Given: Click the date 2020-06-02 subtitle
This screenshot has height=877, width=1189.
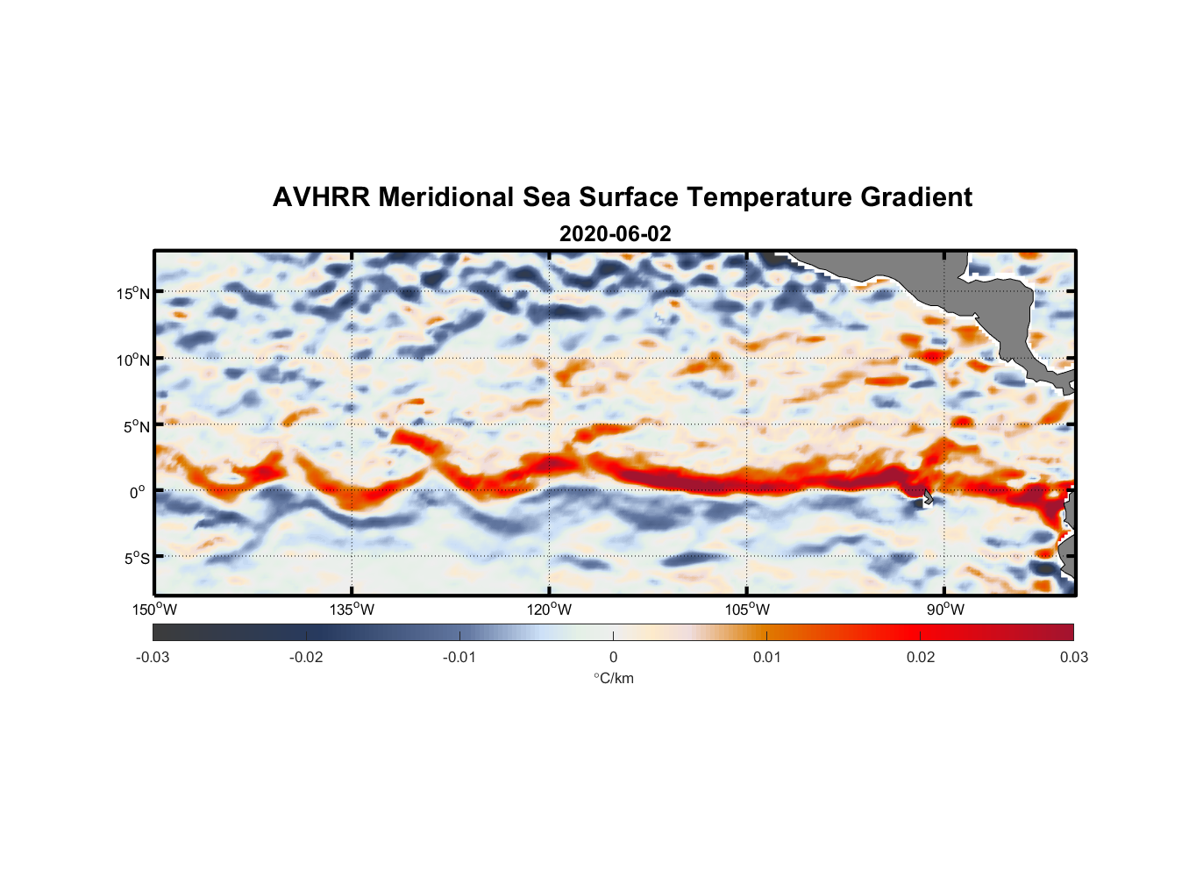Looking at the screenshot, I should pos(615,234).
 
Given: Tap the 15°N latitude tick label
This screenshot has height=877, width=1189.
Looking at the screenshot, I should pos(133,293).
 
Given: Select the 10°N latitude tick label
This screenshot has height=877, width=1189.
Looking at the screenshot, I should pos(133,360).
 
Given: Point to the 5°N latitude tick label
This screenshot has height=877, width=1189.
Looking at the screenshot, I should pos(136,426).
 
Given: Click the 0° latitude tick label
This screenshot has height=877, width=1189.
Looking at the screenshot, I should pos(138,492).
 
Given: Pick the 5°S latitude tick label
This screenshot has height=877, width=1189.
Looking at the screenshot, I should pos(136,559).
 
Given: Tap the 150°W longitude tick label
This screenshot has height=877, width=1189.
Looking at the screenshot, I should pos(154,610).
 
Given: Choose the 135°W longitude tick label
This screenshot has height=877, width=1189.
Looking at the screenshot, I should pos(352,610).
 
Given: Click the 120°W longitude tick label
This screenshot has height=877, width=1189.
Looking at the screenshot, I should pos(549,610).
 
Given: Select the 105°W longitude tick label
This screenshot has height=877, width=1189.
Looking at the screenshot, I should pos(747,610).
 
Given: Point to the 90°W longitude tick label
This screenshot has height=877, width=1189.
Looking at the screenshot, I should pos(945,610).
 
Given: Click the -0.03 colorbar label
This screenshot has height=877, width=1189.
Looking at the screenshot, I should pos(153,657).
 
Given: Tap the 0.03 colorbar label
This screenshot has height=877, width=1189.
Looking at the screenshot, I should pos(1073,657).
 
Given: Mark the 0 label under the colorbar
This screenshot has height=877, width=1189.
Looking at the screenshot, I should pos(613,657).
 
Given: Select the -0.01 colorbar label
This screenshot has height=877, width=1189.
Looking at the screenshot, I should pos(459,657).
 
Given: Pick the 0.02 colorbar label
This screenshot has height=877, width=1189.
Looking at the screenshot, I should pos(920,657).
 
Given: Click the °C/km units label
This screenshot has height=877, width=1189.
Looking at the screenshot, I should pos(613,678).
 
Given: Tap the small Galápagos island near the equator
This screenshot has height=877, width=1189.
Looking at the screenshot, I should pos(927,497).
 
